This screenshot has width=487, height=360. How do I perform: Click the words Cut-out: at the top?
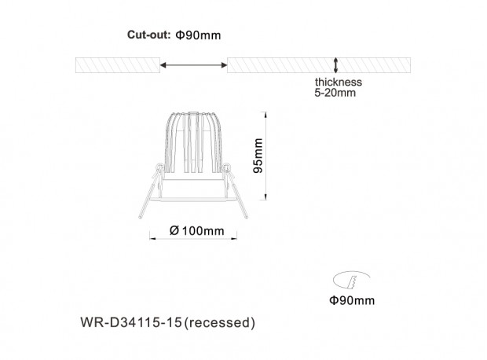point(148,35)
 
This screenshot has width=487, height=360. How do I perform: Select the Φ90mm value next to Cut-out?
point(198,35)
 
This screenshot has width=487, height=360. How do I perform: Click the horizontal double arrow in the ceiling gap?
point(193,65)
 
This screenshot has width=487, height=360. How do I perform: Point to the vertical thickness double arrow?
point(335,65)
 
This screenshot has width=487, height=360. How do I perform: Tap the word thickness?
point(339,82)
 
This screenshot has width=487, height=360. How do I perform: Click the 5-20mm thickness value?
point(335,93)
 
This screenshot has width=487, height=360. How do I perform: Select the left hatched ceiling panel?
point(118,65)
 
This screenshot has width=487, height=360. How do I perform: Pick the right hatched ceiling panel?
point(319,65)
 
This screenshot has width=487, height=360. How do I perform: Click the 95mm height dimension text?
point(258,156)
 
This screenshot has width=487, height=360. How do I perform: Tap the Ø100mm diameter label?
point(197,230)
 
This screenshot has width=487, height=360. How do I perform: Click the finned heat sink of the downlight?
point(193,142)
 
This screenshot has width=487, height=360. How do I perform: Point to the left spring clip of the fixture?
point(150,191)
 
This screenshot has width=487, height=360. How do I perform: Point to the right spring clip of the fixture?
point(235,191)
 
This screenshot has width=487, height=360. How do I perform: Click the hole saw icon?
point(351,279)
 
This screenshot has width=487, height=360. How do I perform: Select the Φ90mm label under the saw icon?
point(352,300)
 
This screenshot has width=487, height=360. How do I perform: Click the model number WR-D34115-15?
point(131,322)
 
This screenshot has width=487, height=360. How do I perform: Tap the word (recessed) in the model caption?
point(220,323)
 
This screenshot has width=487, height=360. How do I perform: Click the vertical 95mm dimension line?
point(265,156)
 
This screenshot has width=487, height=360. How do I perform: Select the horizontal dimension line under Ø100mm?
point(193,239)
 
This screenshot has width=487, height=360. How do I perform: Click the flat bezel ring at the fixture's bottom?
point(193,200)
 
